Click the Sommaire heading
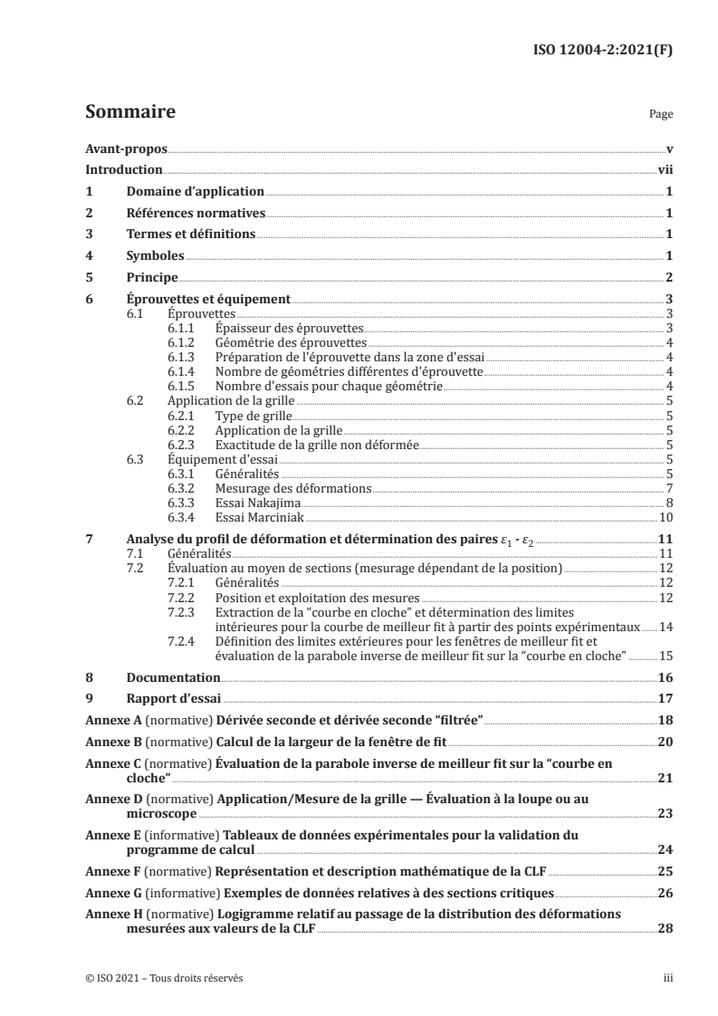pyautogui.click(x=129, y=113)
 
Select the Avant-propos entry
pyautogui.click(x=120, y=148)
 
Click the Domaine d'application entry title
pyautogui.click(x=196, y=191)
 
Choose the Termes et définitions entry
pyautogui.click(x=191, y=235)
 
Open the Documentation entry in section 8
pyautogui.click(x=173, y=677)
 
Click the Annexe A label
pyautogui.click(x=111, y=720)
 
